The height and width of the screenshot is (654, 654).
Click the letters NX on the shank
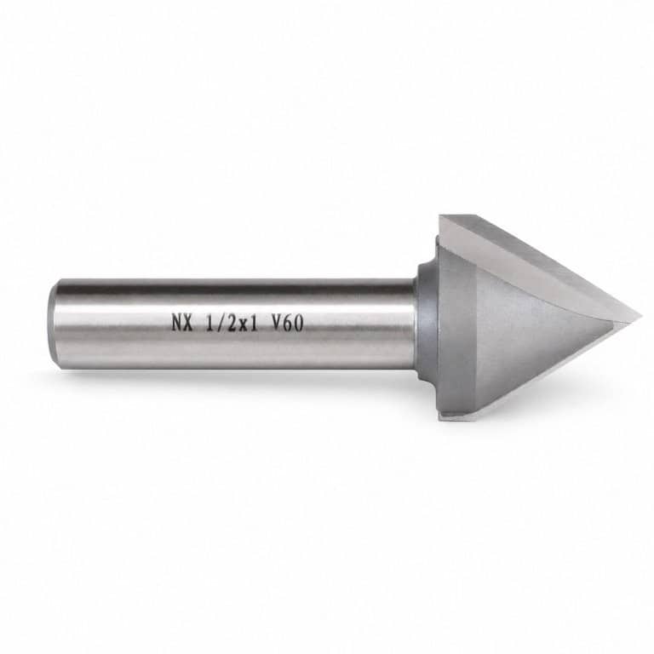click(x=182, y=323)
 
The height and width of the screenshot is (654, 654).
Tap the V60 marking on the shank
click(x=287, y=323)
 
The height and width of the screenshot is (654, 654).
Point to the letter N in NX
click(x=177, y=323)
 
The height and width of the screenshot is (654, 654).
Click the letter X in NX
click(x=187, y=323)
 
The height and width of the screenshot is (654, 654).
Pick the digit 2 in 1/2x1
click(x=231, y=323)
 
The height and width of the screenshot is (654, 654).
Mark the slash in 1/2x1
click(x=221, y=323)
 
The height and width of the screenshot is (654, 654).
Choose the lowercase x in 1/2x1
click(x=242, y=324)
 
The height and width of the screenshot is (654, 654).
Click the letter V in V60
click(x=277, y=323)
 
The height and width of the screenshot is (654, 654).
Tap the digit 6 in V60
click(x=288, y=323)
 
